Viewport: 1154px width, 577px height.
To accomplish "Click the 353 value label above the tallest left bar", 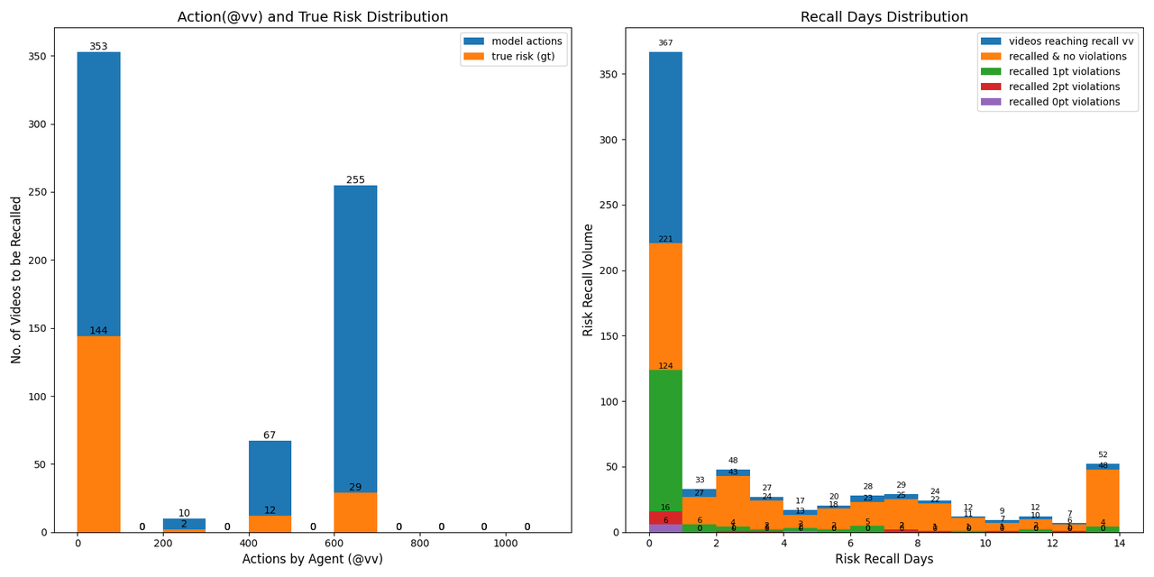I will [98, 47].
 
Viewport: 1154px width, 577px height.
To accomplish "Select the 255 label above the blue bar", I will [355, 180].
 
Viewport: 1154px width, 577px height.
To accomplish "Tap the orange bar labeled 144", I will [98, 433].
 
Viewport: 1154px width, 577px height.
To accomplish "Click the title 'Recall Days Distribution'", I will [884, 17].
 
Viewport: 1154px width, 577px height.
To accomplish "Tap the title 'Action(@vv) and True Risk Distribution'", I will [312, 17].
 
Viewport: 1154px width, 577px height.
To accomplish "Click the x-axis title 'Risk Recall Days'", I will [884, 559].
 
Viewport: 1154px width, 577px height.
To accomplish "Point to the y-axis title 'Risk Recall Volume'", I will [589, 279].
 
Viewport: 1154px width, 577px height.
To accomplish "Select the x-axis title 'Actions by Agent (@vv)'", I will [312, 559].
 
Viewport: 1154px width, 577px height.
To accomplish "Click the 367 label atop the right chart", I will [665, 43].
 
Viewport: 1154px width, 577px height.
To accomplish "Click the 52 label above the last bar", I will [1103, 455].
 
